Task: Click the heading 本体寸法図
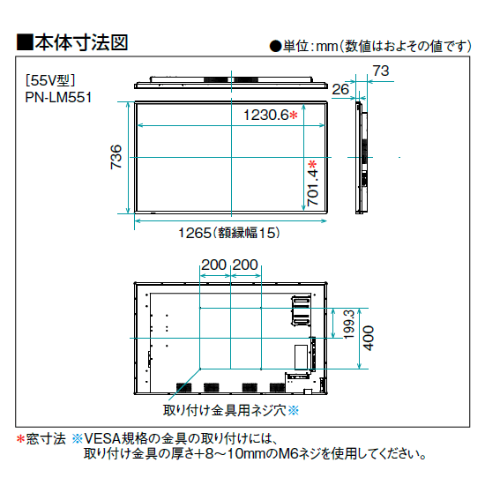81,42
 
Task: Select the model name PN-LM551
58,98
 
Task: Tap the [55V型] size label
50,80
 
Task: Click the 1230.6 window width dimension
266,115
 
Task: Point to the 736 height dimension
116,157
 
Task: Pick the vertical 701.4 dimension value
312,188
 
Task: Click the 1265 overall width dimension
195,233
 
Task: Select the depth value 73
381,71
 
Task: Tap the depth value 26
340,89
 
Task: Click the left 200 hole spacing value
214,265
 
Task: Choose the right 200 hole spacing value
245,265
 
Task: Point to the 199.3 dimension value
349,325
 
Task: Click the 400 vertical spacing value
368,338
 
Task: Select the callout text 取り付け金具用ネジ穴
225,410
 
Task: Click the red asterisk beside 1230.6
294,116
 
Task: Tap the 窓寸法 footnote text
46,438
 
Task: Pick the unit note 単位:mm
310,46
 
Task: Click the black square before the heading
25,42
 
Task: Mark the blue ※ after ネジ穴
294,411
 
